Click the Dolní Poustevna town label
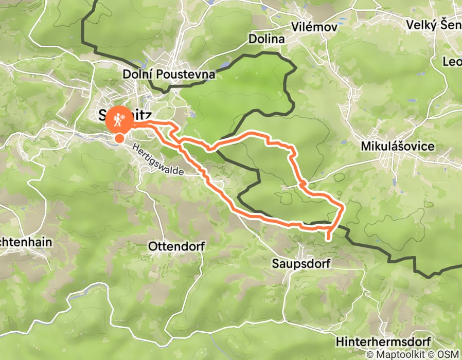(168, 75)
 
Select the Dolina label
(266, 39)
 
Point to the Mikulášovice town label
(398, 147)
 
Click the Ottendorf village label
(176, 246)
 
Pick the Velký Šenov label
(433, 25)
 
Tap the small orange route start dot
(119, 137)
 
